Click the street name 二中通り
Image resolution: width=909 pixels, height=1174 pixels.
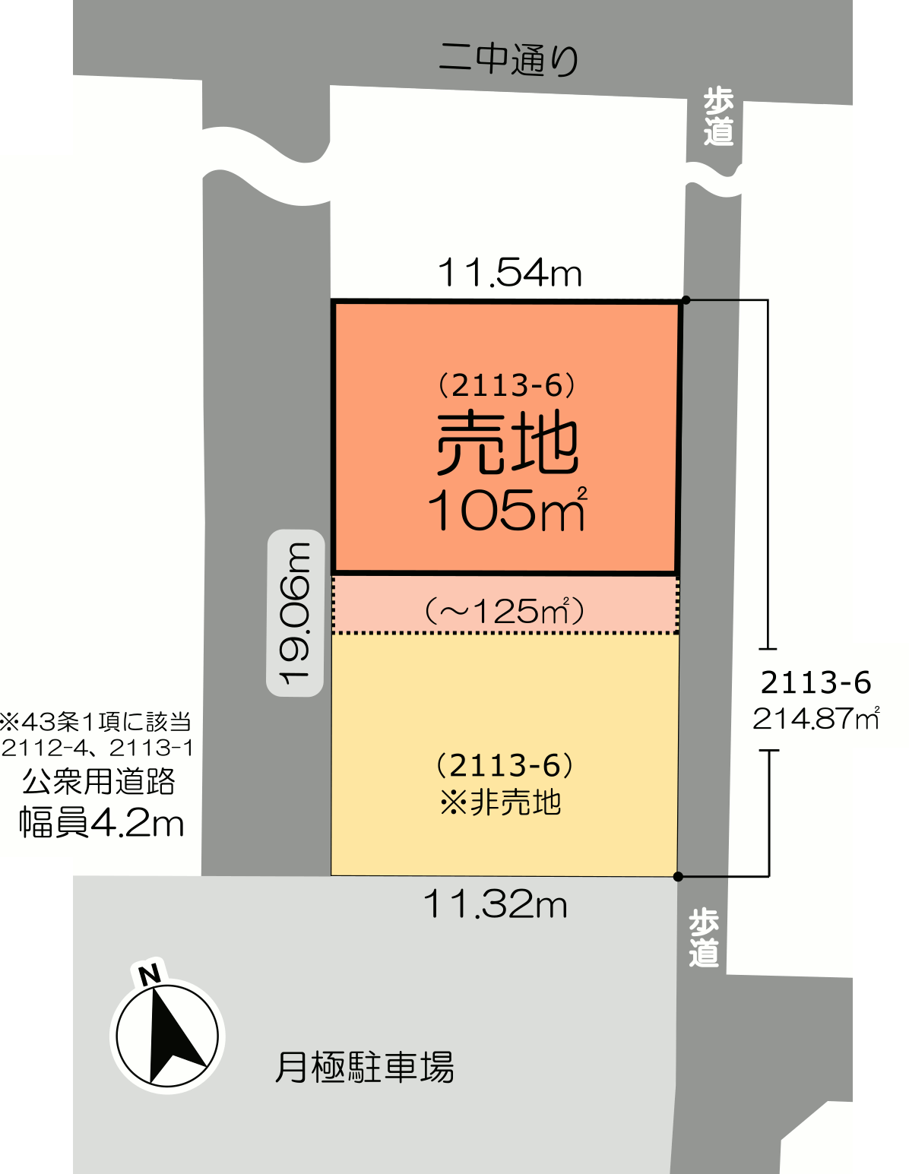[508, 59]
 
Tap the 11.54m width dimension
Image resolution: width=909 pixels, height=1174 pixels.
[510, 273]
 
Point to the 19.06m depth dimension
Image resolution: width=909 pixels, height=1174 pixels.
[296, 613]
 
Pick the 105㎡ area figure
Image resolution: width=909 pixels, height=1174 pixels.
[507, 510]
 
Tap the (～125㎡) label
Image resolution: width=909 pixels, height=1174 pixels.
[505, 612]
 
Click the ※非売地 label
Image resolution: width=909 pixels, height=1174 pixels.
[501, 802]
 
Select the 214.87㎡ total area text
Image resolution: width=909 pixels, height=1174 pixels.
[816, 719]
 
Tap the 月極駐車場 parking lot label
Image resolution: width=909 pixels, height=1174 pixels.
[365, 1066]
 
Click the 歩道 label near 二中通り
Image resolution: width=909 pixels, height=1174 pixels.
[718, 117]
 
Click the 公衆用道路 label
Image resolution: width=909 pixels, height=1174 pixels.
[99, 781]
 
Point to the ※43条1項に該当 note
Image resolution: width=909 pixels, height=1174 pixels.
[96, 722]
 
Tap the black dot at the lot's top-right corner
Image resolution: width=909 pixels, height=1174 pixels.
[686, 300]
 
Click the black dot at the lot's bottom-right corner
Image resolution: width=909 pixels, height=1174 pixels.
[679, 877]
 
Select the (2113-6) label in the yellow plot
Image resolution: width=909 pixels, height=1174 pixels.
[505, 765]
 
